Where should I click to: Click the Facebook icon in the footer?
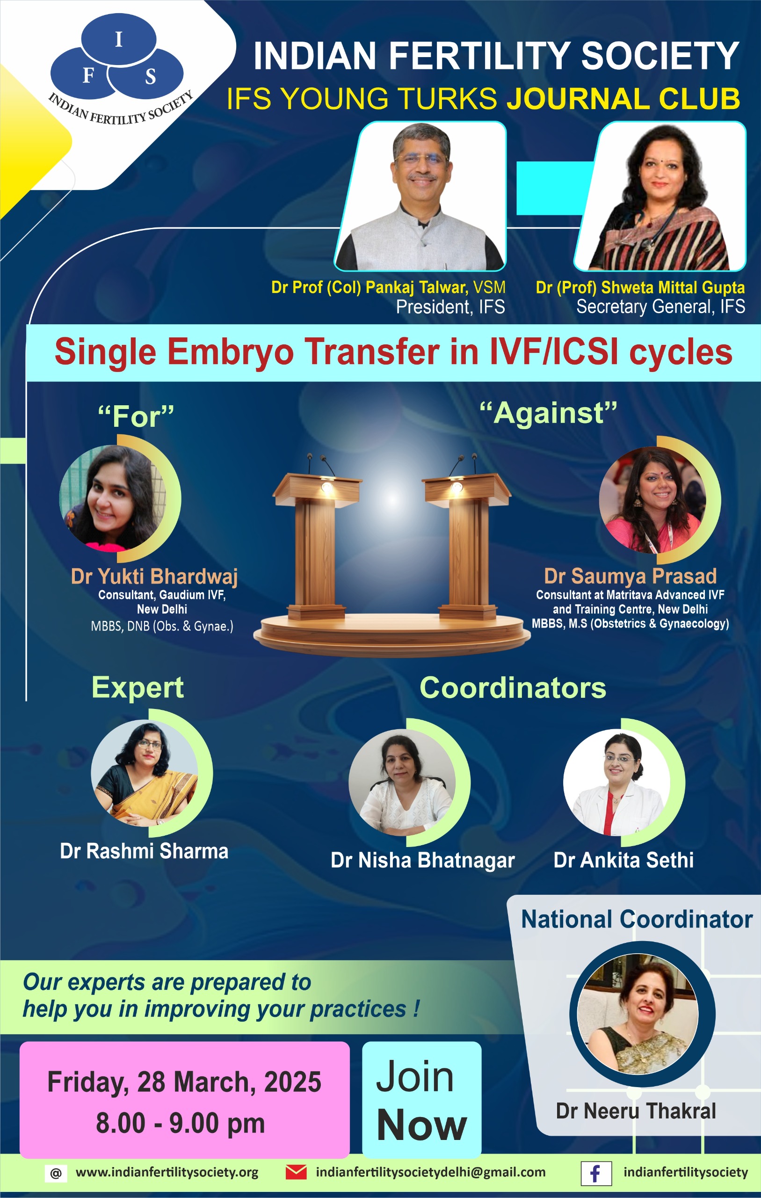596,1174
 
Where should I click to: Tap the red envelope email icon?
296,1172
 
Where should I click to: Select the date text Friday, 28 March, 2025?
184,1082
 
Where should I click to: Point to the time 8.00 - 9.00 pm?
180,1124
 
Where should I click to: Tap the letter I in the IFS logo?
118,39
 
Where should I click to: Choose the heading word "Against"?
548,413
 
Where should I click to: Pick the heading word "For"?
136,416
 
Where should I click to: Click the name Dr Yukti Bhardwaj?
154,576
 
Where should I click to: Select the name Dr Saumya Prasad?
630,576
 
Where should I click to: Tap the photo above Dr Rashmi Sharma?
145,773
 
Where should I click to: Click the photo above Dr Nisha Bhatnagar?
402,782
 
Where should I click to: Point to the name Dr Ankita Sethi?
624,860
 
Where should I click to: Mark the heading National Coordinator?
637,920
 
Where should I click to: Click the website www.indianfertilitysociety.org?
167,1173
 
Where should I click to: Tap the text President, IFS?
450,307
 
